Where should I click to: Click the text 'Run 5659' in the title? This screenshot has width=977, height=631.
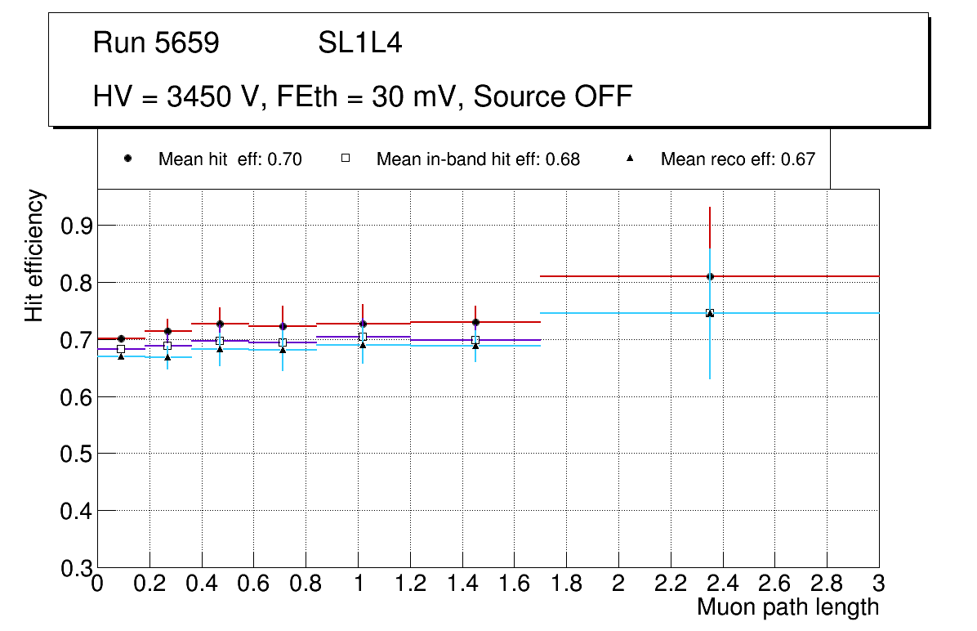(x=156, y=43)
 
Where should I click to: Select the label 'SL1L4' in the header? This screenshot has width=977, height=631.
(x=359, y=43)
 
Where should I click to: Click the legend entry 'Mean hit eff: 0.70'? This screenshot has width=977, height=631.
(x=230, y=159)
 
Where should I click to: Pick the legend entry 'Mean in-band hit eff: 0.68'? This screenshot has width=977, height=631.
(x=478, y=159)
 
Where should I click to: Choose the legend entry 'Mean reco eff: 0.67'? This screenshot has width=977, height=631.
(x=737, y=159)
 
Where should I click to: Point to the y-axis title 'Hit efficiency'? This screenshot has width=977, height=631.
(x=34, y=255)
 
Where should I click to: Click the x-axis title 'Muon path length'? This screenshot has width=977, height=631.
(x=787, y=607)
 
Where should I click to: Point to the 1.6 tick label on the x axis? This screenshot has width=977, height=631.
(x=514, y=584)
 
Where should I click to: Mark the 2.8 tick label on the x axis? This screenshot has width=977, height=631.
(x=827, y=584)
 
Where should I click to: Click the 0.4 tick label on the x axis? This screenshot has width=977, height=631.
(x=202, y=584)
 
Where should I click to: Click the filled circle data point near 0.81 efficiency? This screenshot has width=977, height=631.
(x=710, y=276)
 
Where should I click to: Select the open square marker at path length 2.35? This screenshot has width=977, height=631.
(x=710, y=313)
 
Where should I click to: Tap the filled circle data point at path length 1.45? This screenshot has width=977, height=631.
(x=475, y=322)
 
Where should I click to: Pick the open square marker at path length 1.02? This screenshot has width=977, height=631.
(x=363, y=337)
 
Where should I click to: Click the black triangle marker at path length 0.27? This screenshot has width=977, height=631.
(x=167, y=357)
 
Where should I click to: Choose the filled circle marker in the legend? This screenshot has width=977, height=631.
(x=127, y=159)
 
